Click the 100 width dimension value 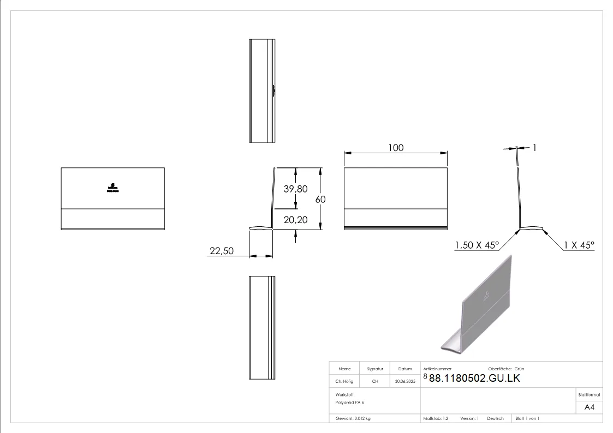[x=396, y=148]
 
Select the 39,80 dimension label [x=295, y=189]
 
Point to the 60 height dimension [x=320, y=200]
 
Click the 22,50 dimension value [x=221, y=251]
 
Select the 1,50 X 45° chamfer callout [x=477, y=246]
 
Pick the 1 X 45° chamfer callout [x=579, y=246]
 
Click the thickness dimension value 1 [x=535, y=147]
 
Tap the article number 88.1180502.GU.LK [x=474, y=378]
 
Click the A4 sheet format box [x=589, y=407]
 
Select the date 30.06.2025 [x=405, y=382]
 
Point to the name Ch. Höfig [x=344, y=382]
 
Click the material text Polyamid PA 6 [x=350, y=402]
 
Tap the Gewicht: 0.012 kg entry [x=353, y=418]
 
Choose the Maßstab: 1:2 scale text [x=436, y=418]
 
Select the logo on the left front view [x=112, y=188]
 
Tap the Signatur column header [x=375, y=369]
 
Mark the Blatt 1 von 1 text [x=527, y=418]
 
